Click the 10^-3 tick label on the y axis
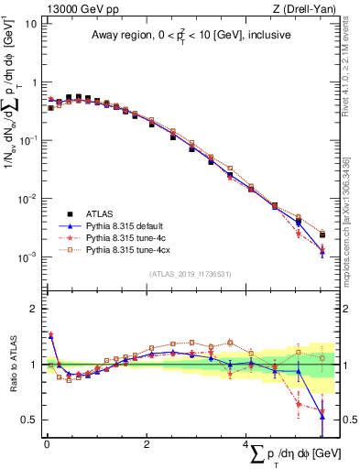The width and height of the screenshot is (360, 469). [26, 257]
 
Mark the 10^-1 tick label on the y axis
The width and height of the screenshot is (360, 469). [26, 140]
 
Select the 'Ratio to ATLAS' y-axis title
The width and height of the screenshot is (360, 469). [11, 366]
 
